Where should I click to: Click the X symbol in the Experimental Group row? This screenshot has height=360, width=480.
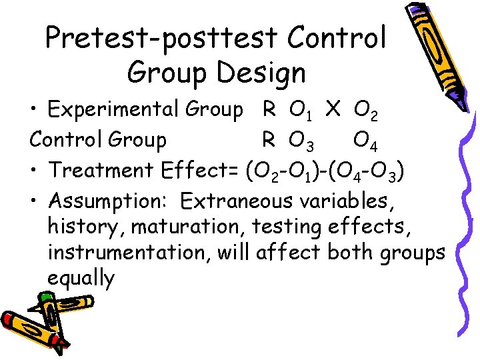click(333, 109)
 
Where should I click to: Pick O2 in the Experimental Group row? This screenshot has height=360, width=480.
click(366, 111)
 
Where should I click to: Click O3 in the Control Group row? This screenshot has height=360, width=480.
click(301, 141)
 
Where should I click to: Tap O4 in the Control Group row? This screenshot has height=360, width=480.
click(366, 141)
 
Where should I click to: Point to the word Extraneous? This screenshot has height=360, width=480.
click(237, 199)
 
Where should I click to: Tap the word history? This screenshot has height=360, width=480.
click(86, 227)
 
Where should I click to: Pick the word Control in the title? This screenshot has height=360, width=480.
click(337, 39)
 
